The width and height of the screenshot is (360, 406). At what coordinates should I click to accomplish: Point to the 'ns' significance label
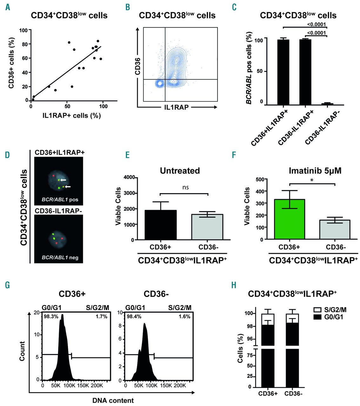click(186, 187)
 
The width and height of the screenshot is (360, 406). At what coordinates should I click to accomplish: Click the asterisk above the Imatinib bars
click(312, 180)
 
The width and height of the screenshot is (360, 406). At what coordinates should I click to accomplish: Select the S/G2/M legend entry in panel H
click(332, 310)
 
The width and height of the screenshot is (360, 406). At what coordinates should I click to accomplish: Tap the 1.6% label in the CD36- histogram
click(184, 317)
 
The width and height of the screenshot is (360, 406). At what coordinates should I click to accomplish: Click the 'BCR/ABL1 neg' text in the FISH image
click(60, 258)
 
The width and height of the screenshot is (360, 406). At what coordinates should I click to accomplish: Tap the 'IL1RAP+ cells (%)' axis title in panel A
click(71, 116)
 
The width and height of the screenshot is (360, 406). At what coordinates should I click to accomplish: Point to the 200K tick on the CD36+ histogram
click(97, 385)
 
